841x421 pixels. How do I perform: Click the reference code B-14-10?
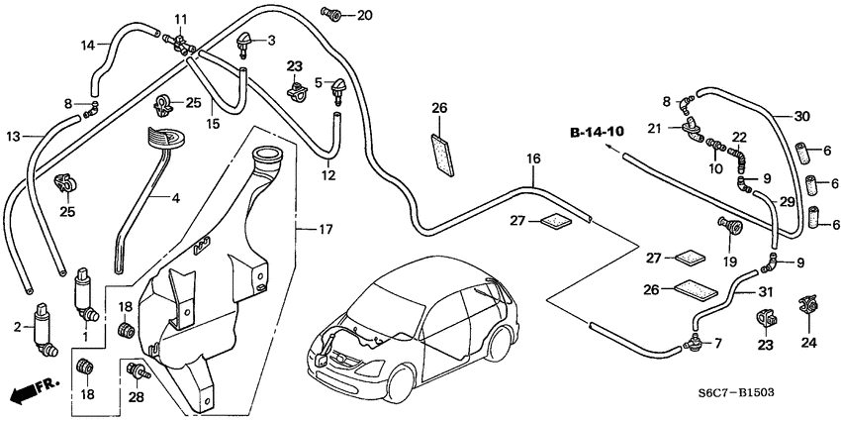click(597, 131)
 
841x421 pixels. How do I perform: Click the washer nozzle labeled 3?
click(243, 44)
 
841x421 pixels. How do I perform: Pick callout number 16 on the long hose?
click(533, 158)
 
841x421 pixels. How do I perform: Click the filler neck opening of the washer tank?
click(267, 156)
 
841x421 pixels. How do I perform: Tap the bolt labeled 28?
click(139, 373)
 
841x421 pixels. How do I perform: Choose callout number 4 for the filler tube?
click(175, 198)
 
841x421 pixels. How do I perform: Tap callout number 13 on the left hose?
click(13, 136)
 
